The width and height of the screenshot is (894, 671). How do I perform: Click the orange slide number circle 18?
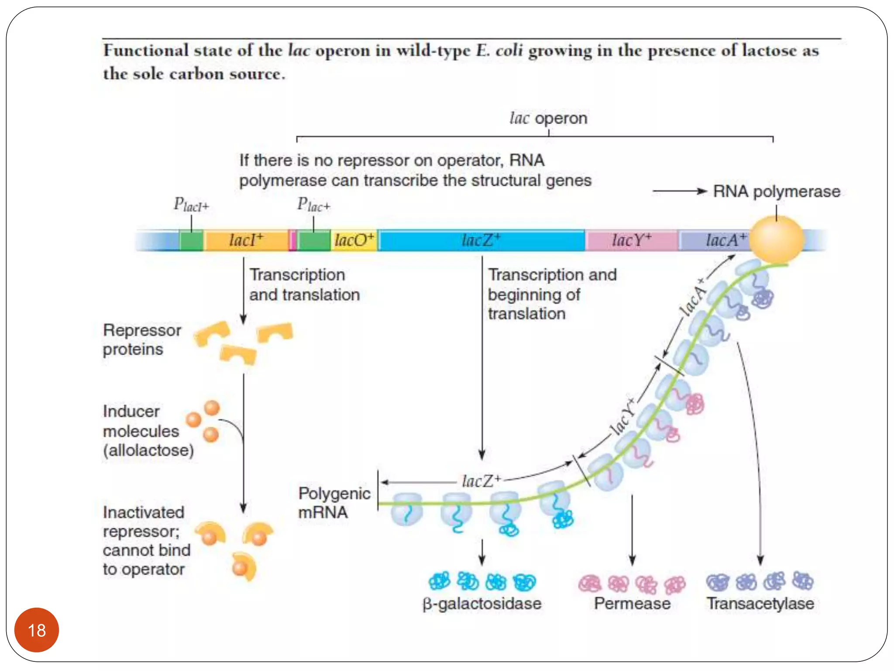point(37,630)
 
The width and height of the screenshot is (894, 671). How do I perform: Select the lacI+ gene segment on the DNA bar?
point(246,240)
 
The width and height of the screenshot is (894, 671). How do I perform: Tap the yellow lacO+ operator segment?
point(354,240)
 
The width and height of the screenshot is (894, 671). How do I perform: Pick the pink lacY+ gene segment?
point(631,240)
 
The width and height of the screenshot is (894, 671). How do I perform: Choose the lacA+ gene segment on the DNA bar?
point(716,240)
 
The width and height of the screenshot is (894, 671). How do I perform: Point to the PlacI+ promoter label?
point(191,204)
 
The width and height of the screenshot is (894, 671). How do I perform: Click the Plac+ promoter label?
point(313,204)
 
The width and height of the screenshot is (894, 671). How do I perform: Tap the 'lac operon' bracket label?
point(548,118)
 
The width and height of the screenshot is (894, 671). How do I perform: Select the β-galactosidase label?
point(482,604)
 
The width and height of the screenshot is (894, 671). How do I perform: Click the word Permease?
point(632,604)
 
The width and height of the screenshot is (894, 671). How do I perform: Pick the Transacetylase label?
point(760,604)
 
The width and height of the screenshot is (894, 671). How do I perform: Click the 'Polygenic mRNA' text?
point(334,503)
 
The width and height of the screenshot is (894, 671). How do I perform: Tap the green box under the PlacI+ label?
point(191,240)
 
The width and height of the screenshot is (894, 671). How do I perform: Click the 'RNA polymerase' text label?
point(777,192)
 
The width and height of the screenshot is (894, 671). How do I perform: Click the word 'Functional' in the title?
point(146,51)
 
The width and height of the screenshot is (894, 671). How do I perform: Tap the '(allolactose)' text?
point(148,450)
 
